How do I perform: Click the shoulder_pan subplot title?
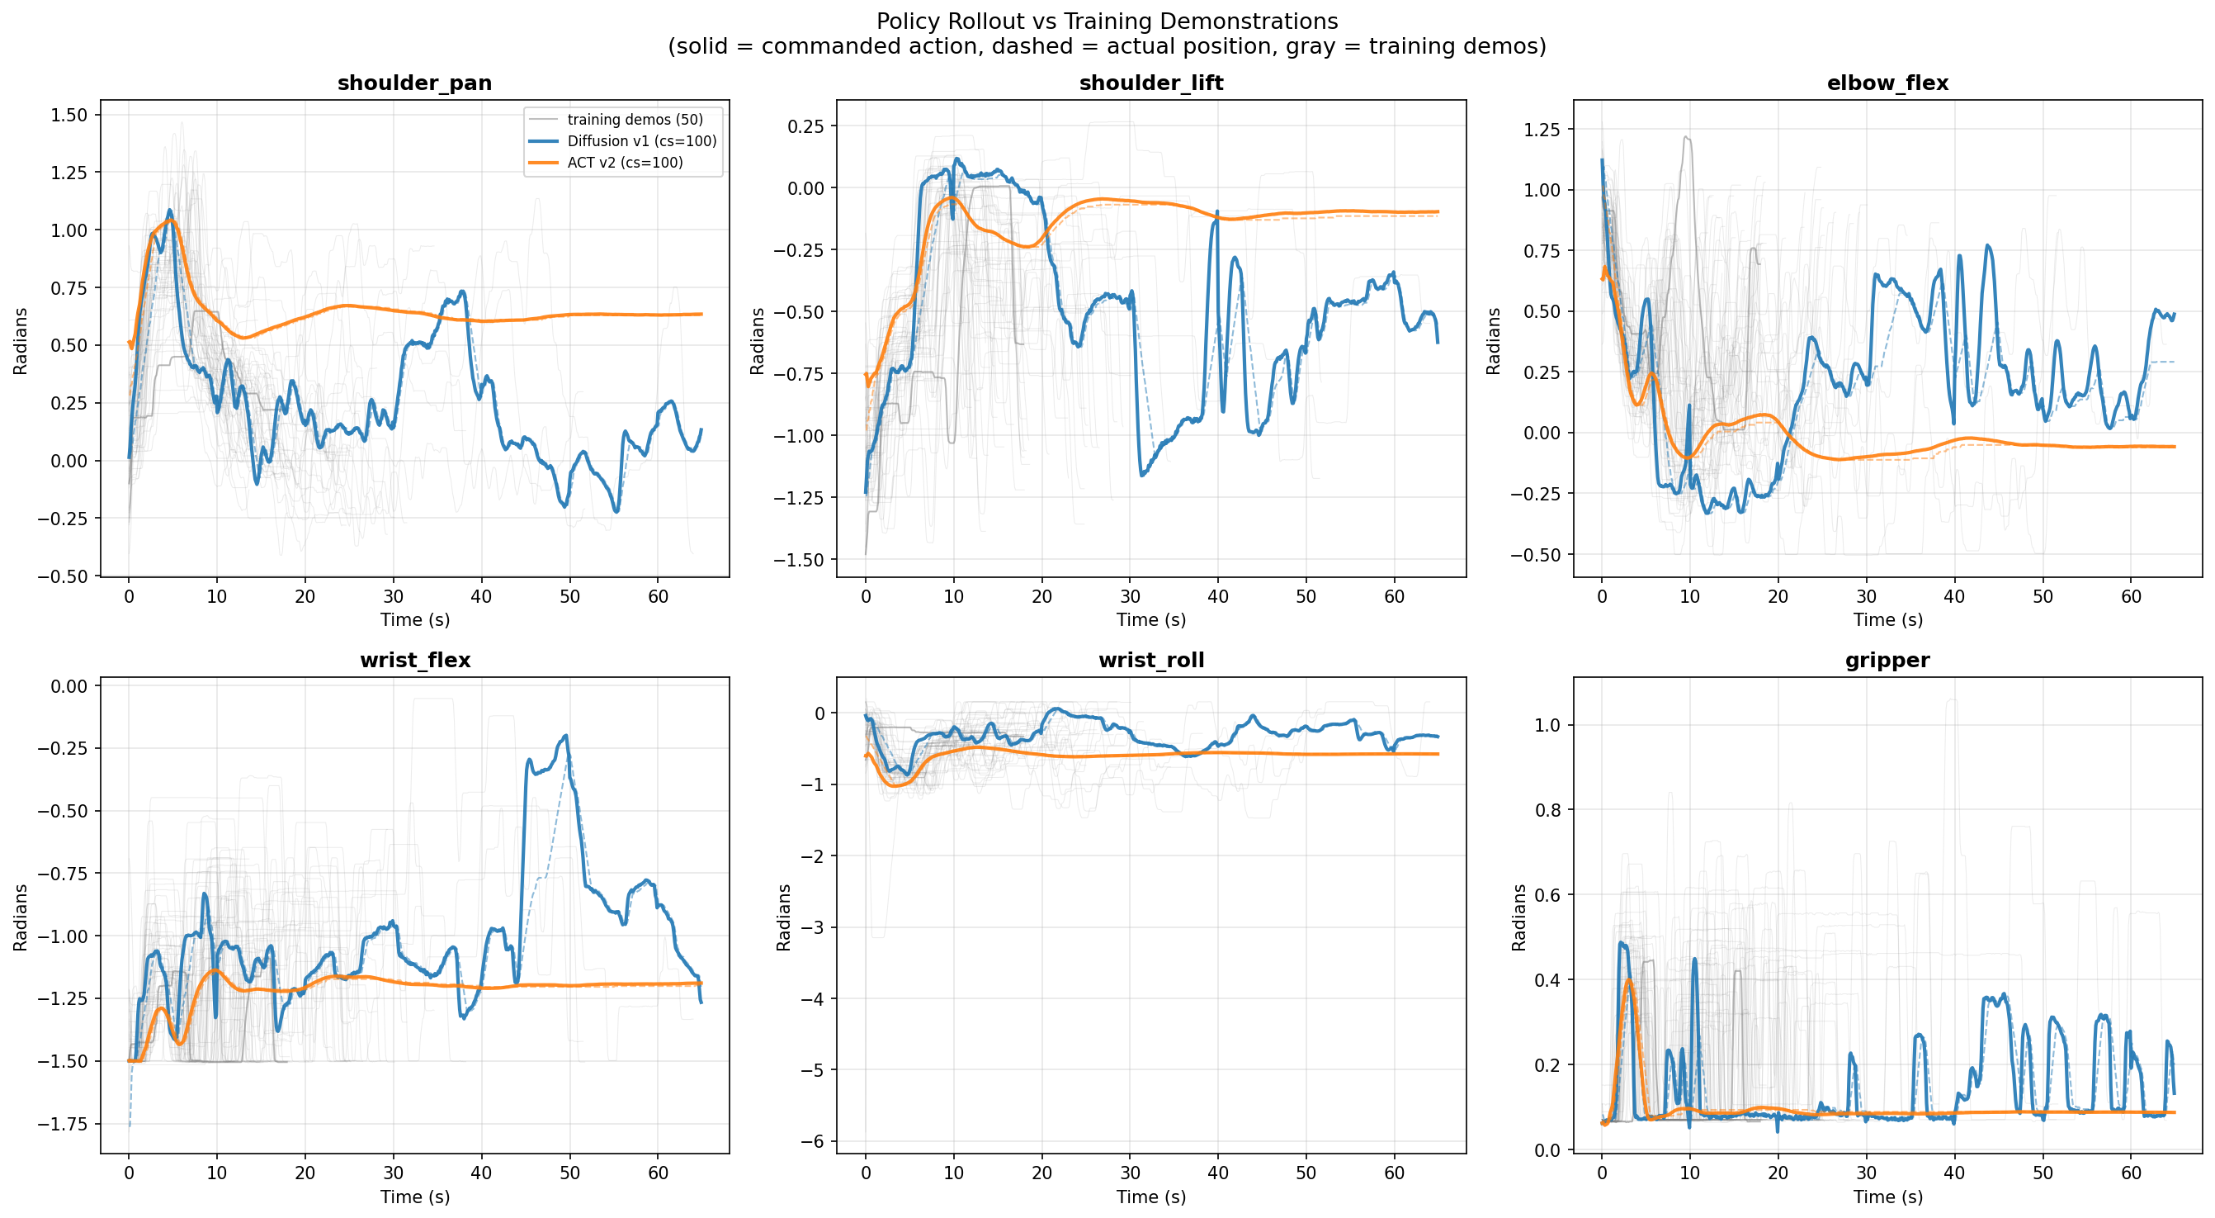pyautogui.click(x=414, y=83)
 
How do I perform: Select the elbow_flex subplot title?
pyautogui.click(x=1887, y=83)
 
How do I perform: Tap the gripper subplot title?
pyautogui.click(x=1887, y=660)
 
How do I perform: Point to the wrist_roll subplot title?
pyautogui.click(x=1150, y=660)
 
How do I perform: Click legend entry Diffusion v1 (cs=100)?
pyautogui.click(x=641, y=141)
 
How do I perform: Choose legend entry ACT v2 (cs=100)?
pyautogui.click(x=624, y=163)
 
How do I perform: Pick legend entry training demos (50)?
pyautogui.click(x=635, y=120)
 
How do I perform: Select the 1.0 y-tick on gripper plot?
pyautogui.click(x=1547, y=725)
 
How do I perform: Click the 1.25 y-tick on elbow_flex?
pyautogui.click(x=1541, y=130)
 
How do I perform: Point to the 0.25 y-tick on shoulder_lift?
pyautogui.click(x=805, y=126)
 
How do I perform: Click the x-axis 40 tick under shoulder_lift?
pyautogui.click(x=1217, y=597)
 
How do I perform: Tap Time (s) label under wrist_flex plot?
pyautogui.click(x=414, y=1197)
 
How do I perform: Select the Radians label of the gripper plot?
pyautogui.click(x=1518, y=917)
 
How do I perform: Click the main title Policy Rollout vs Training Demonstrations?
pyautogui.click(x=1107, y=21)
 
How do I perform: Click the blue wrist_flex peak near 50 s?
pyautogui.click(x=566, y=737)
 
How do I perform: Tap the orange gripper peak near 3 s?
pyautogui.click(x=1628, y=981)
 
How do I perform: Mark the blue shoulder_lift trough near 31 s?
pyautogui.click(x=1142, y=474)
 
